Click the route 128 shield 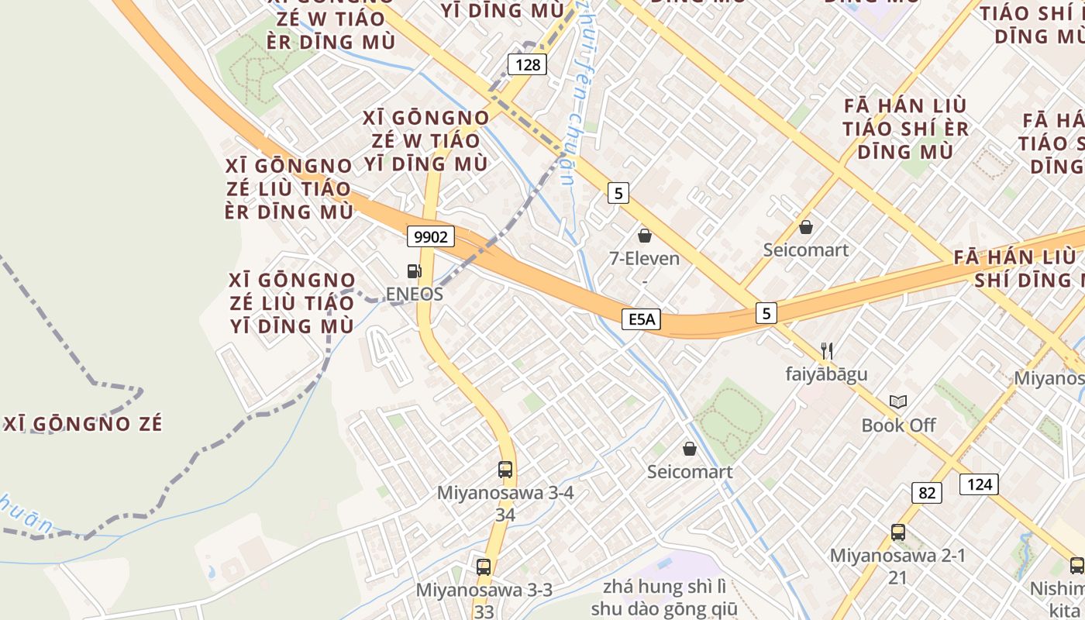click(527, 64)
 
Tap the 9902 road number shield click(430, 236)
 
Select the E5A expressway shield click(641, 319)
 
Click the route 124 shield click(979, 485)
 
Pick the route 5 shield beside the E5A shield click(766, 313)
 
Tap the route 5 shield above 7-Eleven click(617, 193)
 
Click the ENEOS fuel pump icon click(415, 271)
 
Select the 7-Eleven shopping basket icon click(644, 236)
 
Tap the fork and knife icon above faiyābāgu click(826, 351)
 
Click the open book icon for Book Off click(898, 401)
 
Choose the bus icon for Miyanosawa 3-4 click(505, 469)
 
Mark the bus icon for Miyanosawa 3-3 click(484, 567)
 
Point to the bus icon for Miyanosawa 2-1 click(898, 532)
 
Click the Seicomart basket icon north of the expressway click(806, 227)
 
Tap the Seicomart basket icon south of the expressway click(689, 449)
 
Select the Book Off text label click(898, 425)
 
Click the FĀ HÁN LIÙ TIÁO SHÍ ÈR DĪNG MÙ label click(905, 129)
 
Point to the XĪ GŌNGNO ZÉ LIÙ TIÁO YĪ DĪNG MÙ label click(292, 303)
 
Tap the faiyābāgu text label click(826, 374)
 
